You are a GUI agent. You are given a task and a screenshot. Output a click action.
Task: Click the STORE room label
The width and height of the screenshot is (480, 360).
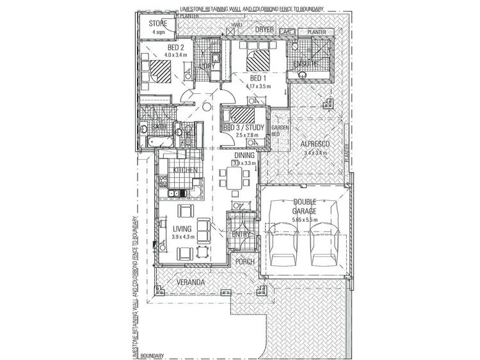pyautogui.click(x=158, y=24)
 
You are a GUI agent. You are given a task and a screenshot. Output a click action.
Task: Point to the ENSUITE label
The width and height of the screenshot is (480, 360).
pyautogui.click(x=306, y=65)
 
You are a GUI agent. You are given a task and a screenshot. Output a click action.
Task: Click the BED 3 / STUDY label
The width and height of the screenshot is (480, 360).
pyautogui.click(x=241, y=127)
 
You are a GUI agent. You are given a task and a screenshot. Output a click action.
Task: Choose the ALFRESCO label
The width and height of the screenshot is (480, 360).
pyautogui.click(x=315, y=145)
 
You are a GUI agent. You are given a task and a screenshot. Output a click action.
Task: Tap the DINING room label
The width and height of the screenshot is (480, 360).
pyautogui.click(x=244, y=155)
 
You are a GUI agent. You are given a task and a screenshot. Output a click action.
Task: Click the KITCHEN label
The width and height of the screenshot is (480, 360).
pyautogui.click(x=185, y=171)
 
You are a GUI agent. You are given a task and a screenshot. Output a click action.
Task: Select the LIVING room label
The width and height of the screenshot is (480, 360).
pyautogui.click(x=182, y=228)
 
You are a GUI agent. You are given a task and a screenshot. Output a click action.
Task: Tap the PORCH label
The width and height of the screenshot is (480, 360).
pyautogui.click(x=245, y=262)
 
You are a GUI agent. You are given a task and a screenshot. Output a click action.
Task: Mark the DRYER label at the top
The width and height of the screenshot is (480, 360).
pyautogui.click(x=264, y=29)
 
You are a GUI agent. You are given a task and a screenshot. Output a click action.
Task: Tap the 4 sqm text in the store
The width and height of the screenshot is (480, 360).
pyautogui.click(x=158, y=32)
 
